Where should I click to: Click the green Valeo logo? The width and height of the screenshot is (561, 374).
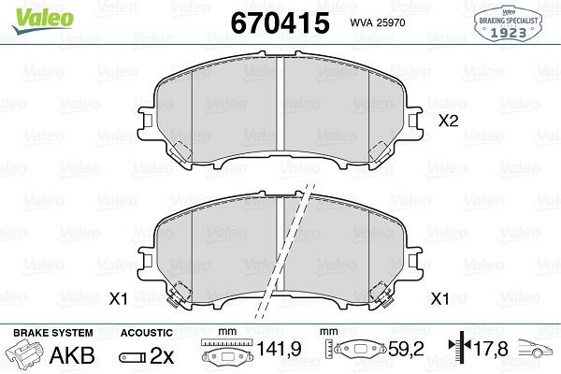(x=43, y=20)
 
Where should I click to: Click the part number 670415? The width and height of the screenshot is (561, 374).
(x=280, y=22)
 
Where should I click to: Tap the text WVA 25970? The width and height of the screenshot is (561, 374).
(x=378, y=22)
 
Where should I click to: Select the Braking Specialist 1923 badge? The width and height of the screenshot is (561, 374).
(x=508, y=23)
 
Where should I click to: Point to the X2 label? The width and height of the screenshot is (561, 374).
(x=448, y=121)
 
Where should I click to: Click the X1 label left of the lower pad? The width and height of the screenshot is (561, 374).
(x=119, y=299)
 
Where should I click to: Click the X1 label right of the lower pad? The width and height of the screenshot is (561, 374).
(x=439, y=299)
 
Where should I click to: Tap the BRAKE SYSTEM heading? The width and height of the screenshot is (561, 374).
(x=53, y=333)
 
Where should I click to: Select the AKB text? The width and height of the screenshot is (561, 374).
(x=72, y=355)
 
